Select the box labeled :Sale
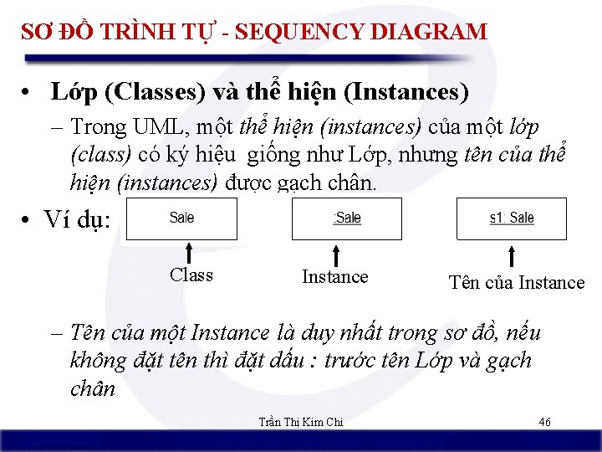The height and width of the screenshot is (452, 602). point(346,218)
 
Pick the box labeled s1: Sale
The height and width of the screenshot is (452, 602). point(511,218)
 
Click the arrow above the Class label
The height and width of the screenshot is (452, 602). point(190,252)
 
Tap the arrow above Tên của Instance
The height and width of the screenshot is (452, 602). point(511,254)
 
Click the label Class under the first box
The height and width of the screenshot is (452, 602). point(191,275)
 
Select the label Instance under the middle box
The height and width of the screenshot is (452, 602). point(334,277)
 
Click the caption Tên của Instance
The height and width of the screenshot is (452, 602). point(516,283)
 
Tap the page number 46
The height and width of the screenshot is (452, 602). point(544,422)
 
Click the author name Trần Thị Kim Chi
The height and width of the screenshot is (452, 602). point(300,422)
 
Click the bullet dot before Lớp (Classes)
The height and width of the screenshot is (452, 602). point(29,90)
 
